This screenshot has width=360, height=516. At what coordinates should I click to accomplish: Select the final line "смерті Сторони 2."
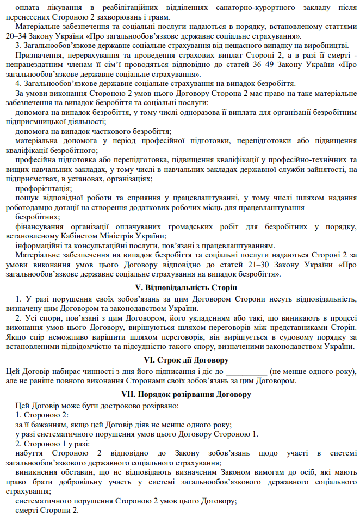(47, 511)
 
